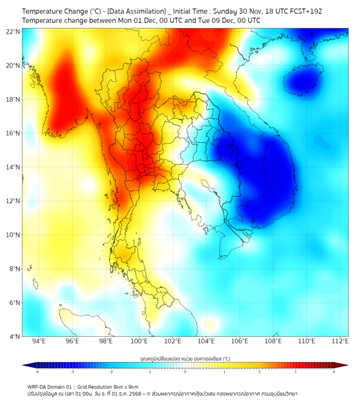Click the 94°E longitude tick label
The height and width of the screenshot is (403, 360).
(39, 341)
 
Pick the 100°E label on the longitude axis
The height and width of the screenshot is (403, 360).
(140, 341)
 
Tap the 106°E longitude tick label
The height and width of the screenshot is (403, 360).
(240, 341)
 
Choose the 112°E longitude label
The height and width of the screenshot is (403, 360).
(341, 341)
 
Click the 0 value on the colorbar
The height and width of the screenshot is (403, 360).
(185, 372)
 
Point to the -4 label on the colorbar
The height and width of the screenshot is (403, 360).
(36, 372)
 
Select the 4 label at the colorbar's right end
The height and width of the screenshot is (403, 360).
(334, 372)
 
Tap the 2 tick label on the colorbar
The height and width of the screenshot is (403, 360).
(259, 372)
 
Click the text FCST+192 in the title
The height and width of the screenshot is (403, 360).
(302, 11)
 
